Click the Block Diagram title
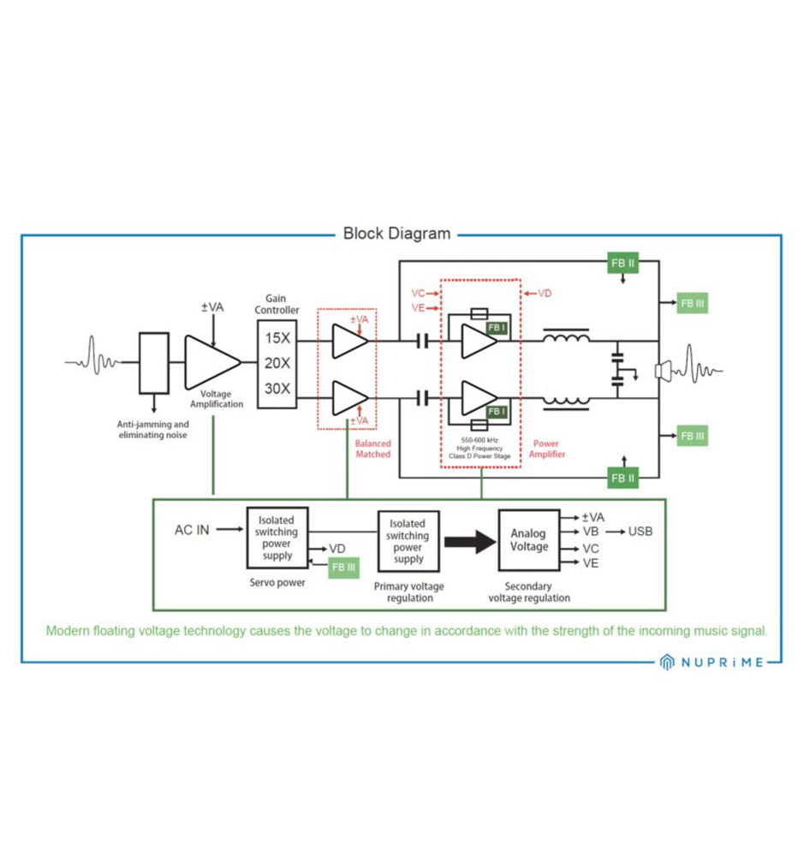click(x=396, y=233)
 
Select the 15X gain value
click(x=277, y=338)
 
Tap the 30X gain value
click(x=277, y=389)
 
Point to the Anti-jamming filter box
click(x=153, y=362)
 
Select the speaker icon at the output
click(x=662, y=371)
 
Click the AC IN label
click(x=192, y=530)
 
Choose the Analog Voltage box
click(x=528, y=539)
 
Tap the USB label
click(x=640, y=532)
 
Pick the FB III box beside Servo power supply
click(x=343, y=567)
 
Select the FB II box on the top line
click(x=622, y=263)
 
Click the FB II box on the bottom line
click(x=622, y=478)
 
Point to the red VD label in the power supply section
click(x=545, y=294)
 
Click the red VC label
click(x=418, y=294)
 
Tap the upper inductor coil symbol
click(x=566, y=339)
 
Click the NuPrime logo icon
click(x=667, y=662)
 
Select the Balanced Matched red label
click(x=372, y=449)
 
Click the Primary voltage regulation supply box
click(x=408, y=542)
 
